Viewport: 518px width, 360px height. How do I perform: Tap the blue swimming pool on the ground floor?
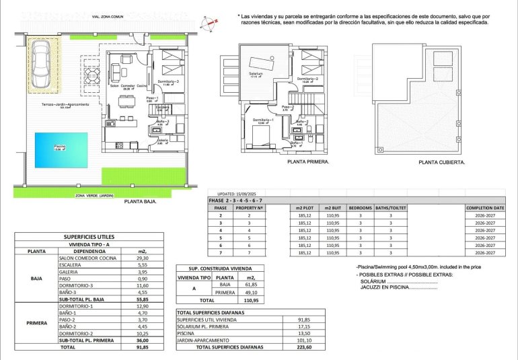[x=61, y=149]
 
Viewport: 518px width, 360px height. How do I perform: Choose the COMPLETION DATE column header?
[x=485, y=209]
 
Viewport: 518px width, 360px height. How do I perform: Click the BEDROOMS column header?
[x=360, y=209]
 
